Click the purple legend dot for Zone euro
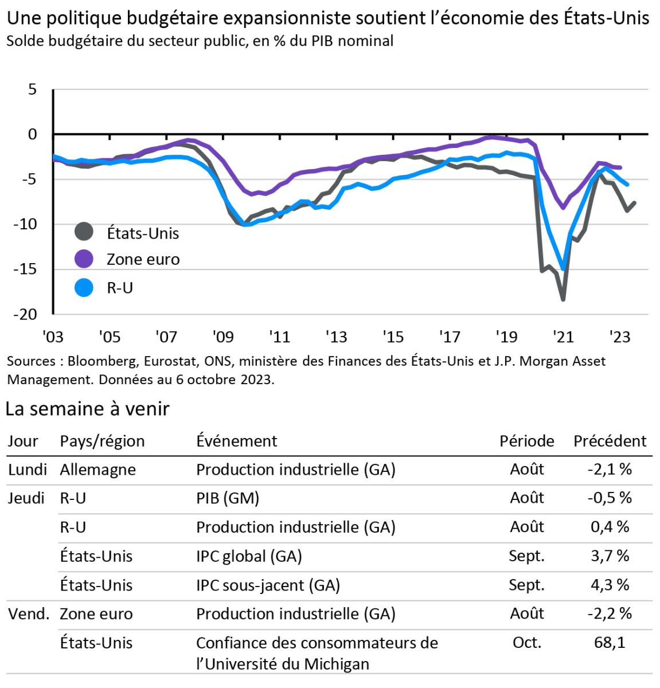point(84,259)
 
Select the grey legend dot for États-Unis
point(84,232)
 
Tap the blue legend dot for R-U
point(84,287)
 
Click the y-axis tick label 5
point(32,89)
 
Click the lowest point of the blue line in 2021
point(563,268)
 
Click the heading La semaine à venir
point(87,409)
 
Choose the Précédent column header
point(610,441)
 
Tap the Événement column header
point(236,441)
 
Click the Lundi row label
point(27,470)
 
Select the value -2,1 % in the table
point(610,470)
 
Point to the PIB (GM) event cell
point(228,498)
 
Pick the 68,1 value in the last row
point(610,643)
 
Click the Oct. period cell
point(527,643)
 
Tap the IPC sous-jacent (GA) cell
point(268,585)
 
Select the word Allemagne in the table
point(98,470)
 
